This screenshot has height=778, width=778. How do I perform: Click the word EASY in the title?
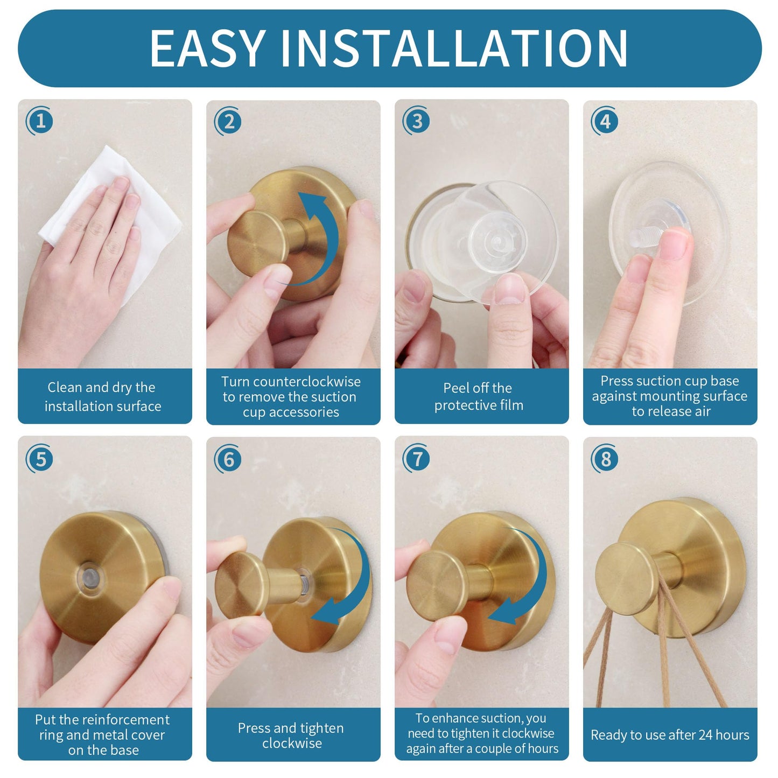(207, 48)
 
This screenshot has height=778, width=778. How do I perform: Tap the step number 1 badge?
(40, 121)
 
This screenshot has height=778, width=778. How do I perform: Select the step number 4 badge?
(605, 121)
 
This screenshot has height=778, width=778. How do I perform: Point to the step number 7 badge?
(417, 459)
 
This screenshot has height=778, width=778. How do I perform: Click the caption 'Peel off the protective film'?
(479, 396)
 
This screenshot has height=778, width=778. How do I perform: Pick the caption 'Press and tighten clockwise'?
(291, 735)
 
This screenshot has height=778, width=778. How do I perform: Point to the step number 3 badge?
(417, 121)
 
